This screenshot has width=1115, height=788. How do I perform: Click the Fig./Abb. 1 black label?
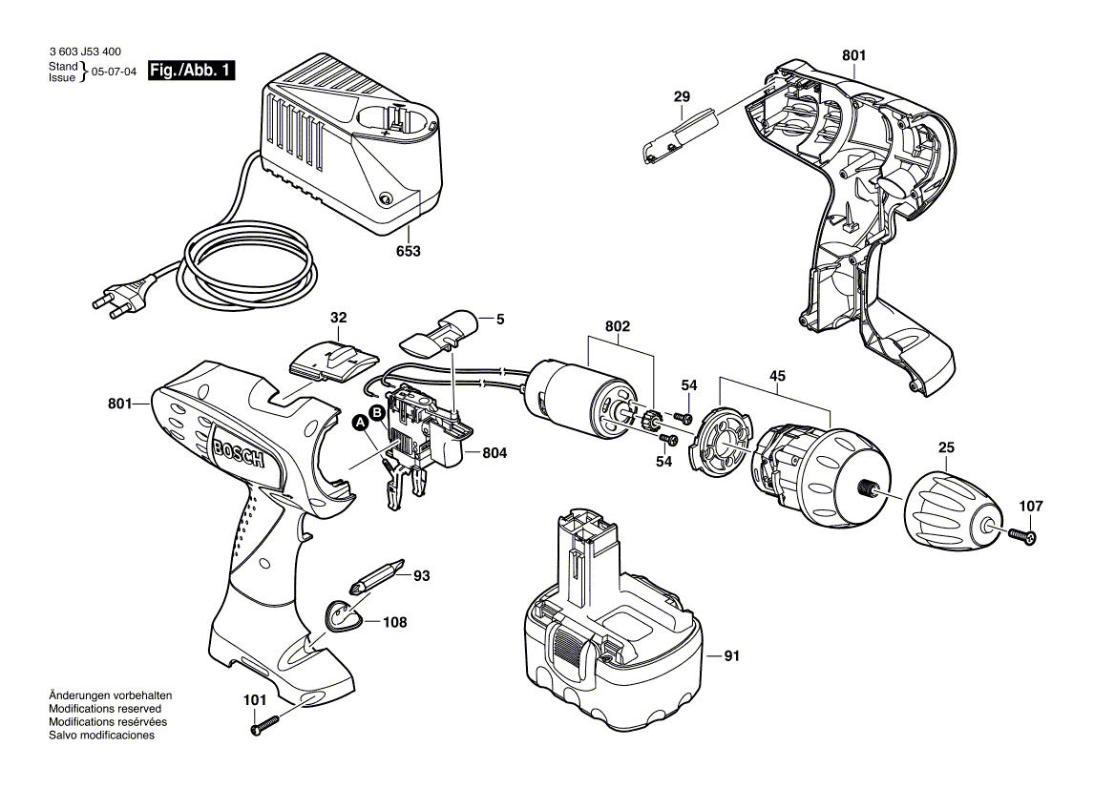pos(192,71)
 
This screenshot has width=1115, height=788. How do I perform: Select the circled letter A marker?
pos(361,423)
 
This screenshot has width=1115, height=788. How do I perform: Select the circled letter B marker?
pos(377,412)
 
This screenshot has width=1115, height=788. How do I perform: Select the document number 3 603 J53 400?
pos(84,53)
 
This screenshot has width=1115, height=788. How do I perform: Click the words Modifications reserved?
pos(104,709)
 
